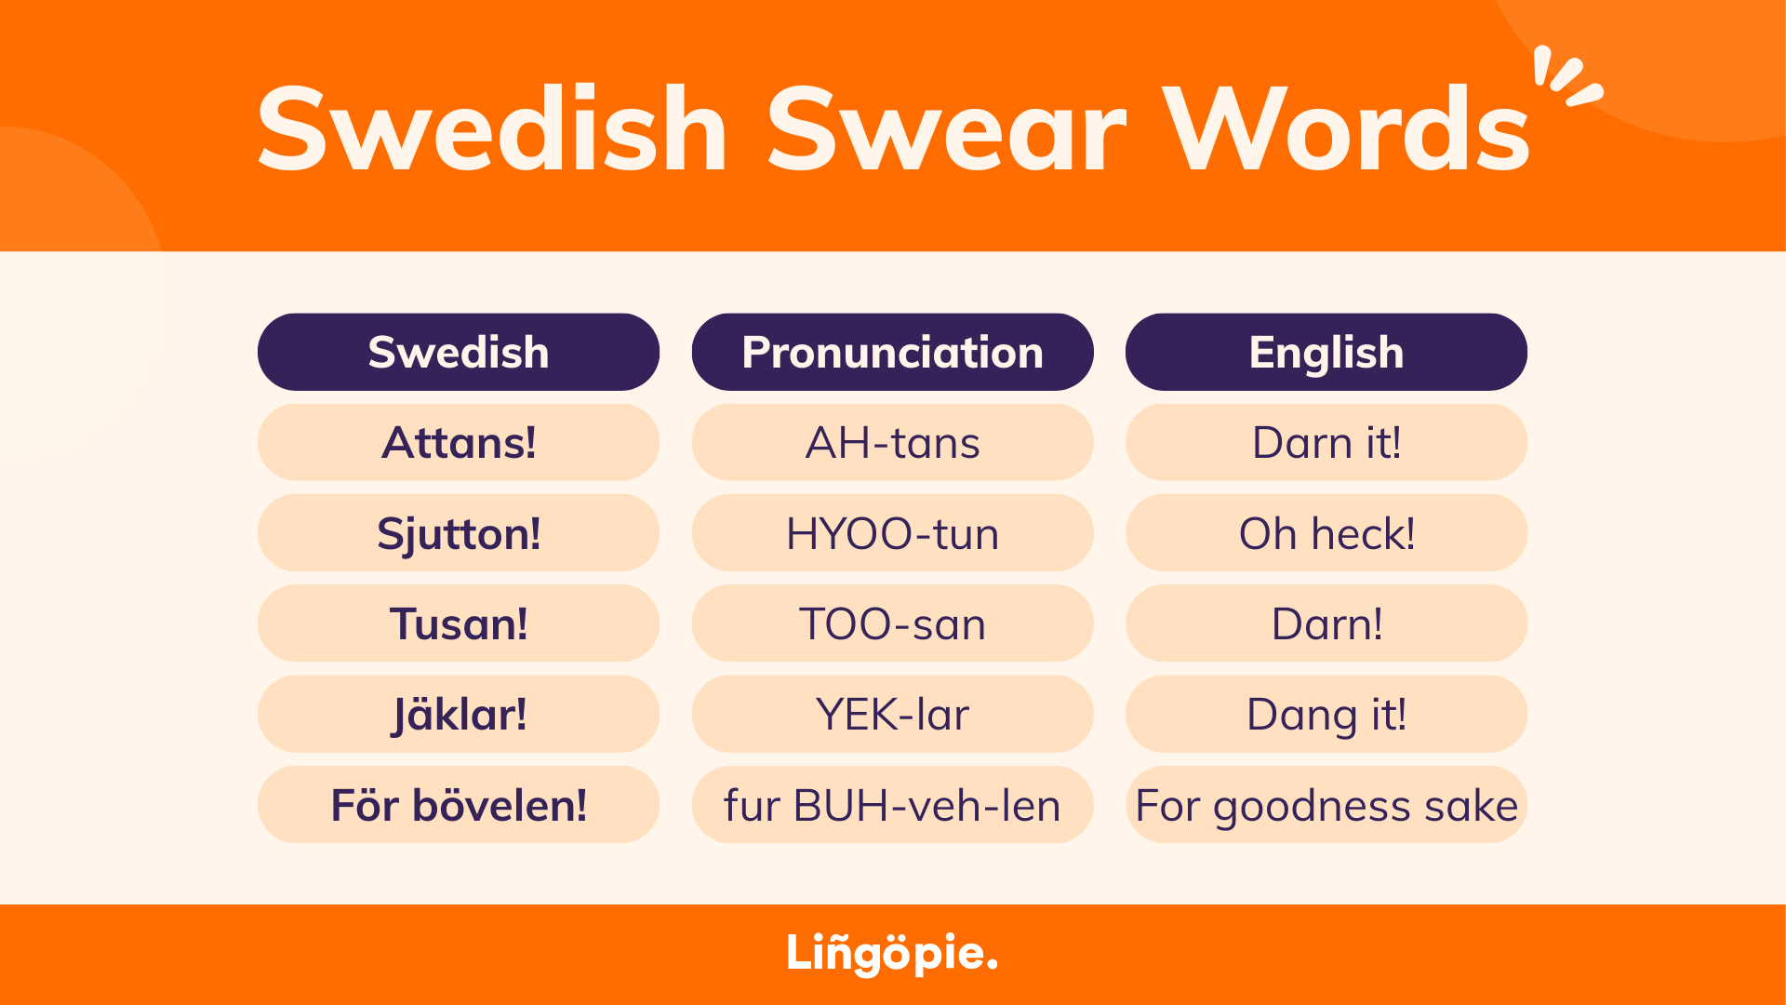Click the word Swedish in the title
pyautogui.click(x=492, y=129)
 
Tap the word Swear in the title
pyautogui.click(x=946, y=129)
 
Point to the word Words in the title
pyautogui.click(x=1348, y=129)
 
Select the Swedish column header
pyautogui.click(x=459, y=353)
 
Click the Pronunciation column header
pyautogui.click(x=892, y=353)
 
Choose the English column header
pyautogui.click(x=1326, y=353)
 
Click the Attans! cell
pyautogui.click(x=459, y=443)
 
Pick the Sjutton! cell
pyautogui.click(x=459, y=533)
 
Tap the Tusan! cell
pyautogui.click(x=459, y=623)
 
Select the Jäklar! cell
pyautogui.click(x=459, y=715)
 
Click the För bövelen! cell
pyautogui.click(x=459, y=805)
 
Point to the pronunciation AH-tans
pyautogui.click(x=892, y=443)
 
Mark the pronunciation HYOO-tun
pyautogui.click(x=892, y=533)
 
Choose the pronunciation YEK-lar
pyautogui.click(x=892, y=715)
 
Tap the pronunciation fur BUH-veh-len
pyautogui.click(x=892, y=805)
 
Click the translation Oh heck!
pyautogui.click(x=1326, y=533)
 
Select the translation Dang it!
pyautogui.click(x=1326, y=715)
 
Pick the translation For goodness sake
pyautogui.click(x=1326, y=805)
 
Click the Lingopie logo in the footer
pyautogui.click(x=892, y=953)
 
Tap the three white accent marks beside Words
pyautogui.click(x=1567, y=76)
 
